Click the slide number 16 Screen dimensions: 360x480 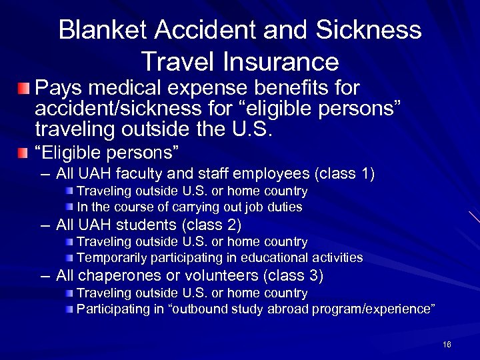[446, 345]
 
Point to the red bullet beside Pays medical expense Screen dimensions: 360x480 [24, 89]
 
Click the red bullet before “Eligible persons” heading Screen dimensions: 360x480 [24, 153]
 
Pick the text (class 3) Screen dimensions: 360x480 [296, 275]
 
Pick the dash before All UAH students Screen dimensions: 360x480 [44, 225]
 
